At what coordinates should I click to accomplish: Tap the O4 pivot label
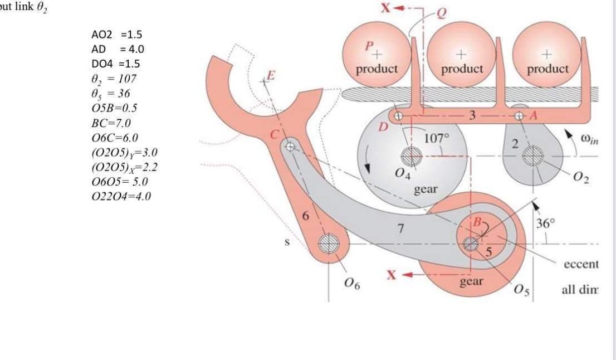point(401,175)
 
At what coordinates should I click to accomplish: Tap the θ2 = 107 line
point(114,79)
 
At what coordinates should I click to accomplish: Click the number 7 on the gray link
point(399,228)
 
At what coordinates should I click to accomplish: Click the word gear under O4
point(426,189)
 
